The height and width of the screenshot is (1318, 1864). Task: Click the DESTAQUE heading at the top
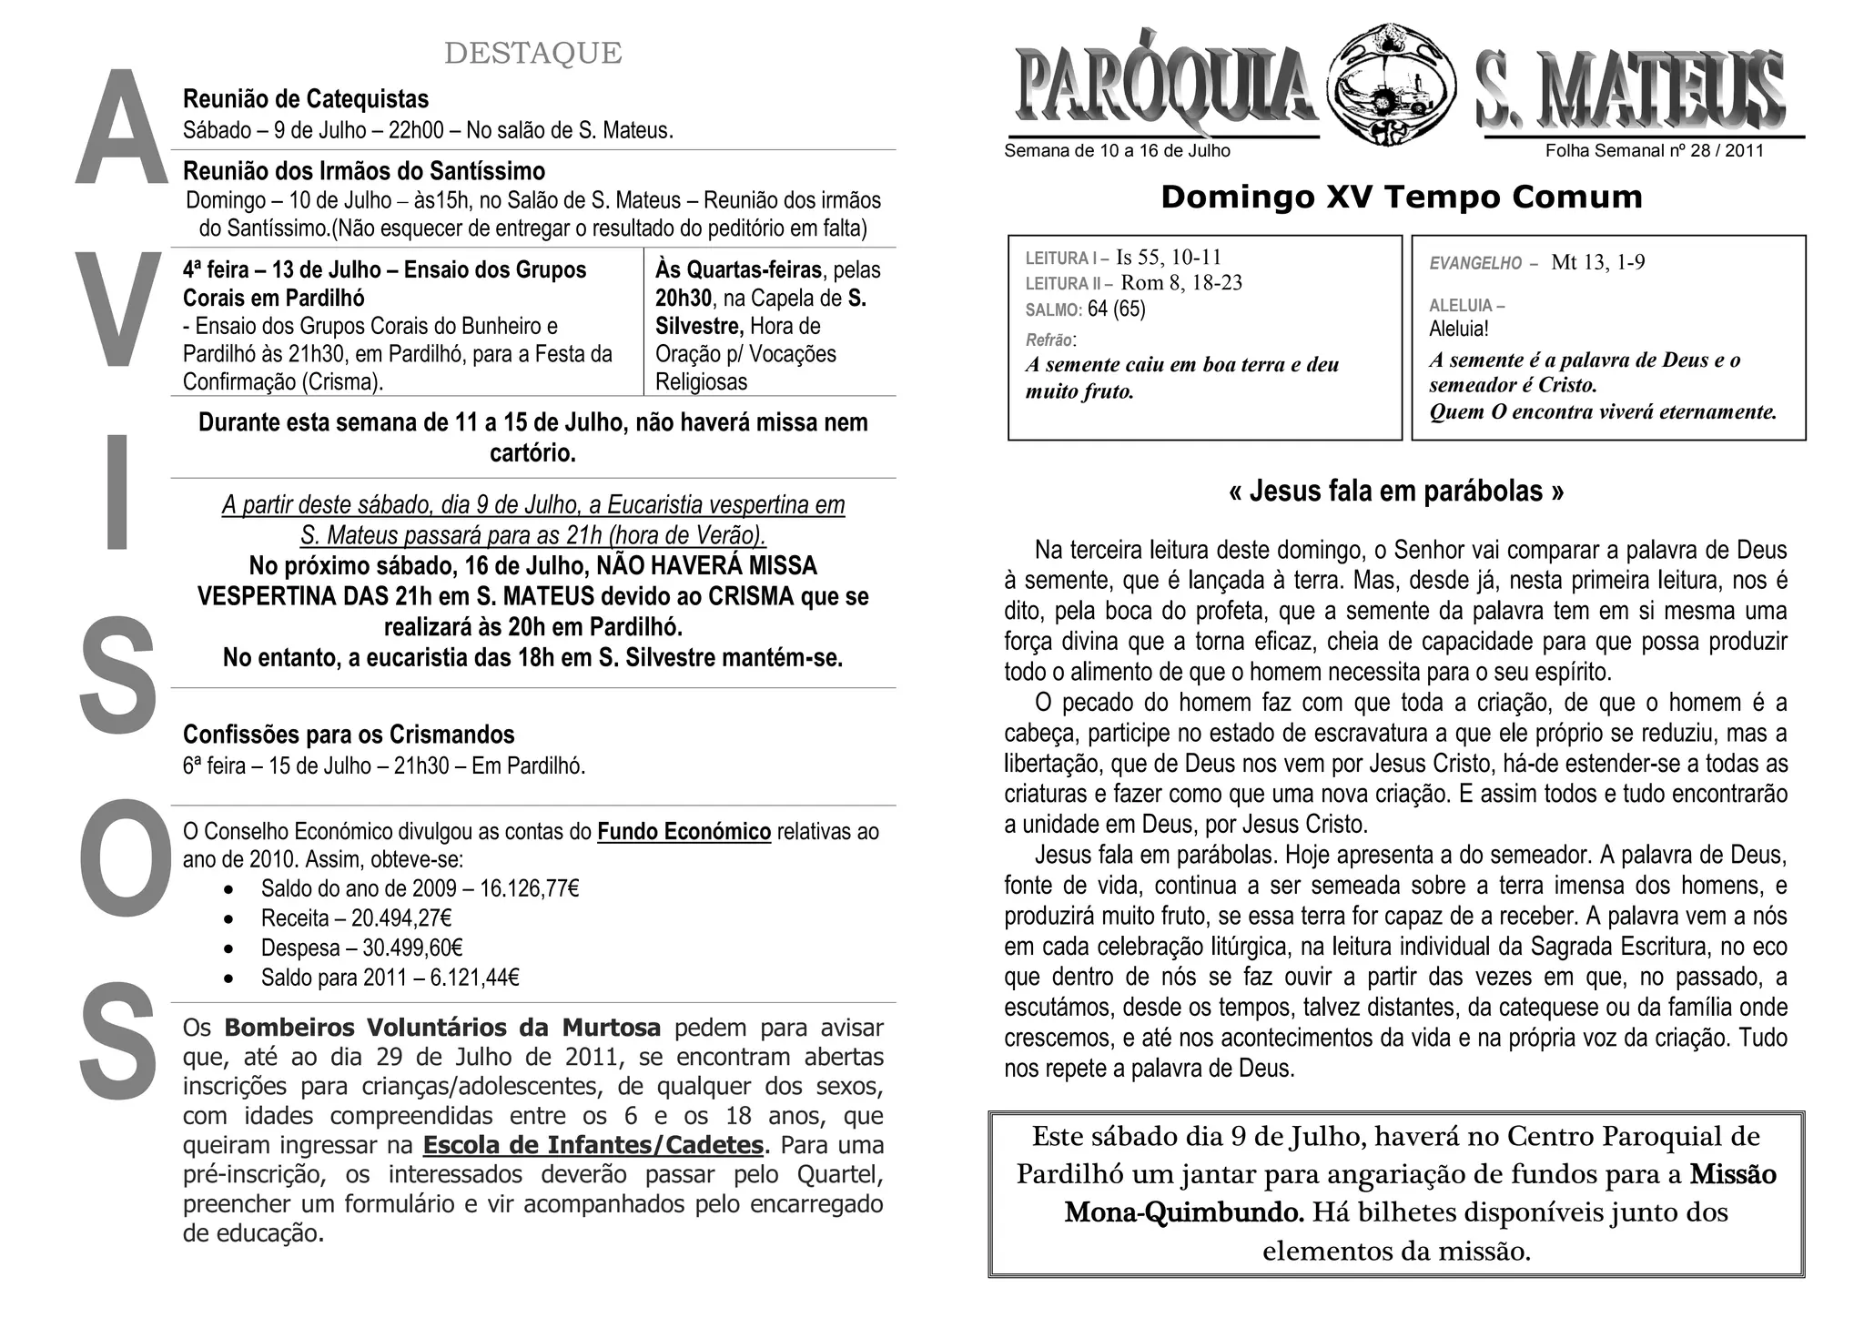[x=532, y=54]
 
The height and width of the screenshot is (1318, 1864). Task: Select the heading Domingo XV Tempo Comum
[x=1401, y=198]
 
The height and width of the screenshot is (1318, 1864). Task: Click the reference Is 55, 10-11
[x=1169, y=258]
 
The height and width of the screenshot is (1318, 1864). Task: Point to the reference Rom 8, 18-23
[x=1181, y=283]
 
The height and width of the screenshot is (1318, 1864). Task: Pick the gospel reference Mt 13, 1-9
[x=1597, y=263]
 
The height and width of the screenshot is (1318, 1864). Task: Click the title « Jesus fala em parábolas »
[x=1396, y=492]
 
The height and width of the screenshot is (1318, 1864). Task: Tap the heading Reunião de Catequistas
[x=306, y=99]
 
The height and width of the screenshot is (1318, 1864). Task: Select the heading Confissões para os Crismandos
[x=349, y=735]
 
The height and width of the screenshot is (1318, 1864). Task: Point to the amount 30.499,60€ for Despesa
[x=413, y=948]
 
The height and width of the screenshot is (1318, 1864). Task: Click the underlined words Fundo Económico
[x=684, y=832]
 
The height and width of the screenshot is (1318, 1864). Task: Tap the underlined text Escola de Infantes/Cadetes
[x=593, y=1144]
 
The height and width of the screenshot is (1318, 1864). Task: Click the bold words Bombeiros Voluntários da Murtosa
[x=442, y=1028]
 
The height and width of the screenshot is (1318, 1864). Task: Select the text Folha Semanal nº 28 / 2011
[x=1654, y=151]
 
